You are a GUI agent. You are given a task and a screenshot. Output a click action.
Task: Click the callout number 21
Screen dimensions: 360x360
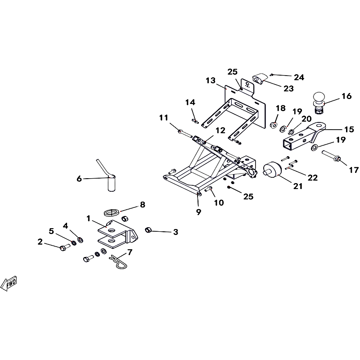(x=298, y=185)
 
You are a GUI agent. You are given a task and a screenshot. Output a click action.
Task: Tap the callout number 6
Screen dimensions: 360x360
(x=80, y=179)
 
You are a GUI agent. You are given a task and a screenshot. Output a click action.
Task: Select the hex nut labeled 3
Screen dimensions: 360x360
(x=147, y=230)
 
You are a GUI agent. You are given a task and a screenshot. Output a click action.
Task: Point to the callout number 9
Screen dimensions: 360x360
(x=198, y=212)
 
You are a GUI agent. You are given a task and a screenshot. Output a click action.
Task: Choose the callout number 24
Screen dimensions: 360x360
(x=299, y=77)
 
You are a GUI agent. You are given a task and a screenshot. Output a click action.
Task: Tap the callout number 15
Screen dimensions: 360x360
(x=349, y=129)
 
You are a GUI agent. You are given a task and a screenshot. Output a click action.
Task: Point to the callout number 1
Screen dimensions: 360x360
(x=89, y=219)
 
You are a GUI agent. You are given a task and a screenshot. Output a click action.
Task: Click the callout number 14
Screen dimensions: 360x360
(x=190, y=102)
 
